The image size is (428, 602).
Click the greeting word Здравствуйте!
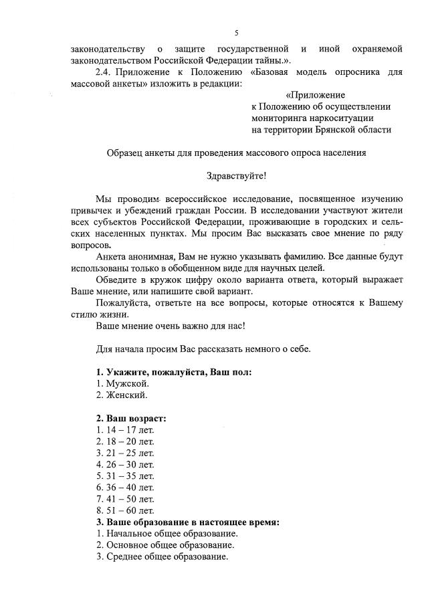[237, 176]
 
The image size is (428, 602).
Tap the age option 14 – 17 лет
[125, 430]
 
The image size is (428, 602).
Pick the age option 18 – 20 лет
[125, 441]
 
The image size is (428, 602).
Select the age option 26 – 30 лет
[125, 464]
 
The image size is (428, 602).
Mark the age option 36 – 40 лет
[125, 487]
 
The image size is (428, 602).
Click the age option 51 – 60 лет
[125, 510]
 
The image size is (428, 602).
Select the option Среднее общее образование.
[162, 557]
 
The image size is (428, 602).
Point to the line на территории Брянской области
[321, 129]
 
